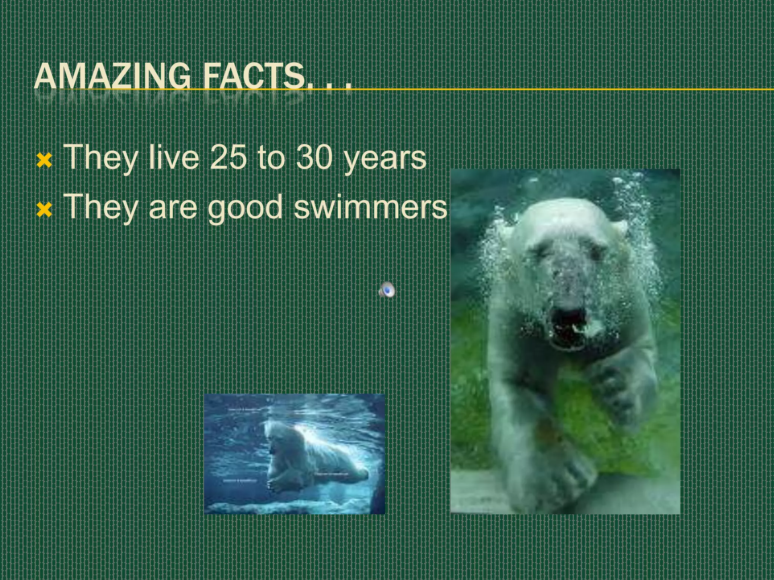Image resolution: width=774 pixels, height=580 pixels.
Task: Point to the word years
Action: [385, 159]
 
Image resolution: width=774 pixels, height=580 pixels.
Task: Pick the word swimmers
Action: [370, 207]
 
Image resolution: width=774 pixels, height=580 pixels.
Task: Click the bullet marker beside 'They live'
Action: [44, 161]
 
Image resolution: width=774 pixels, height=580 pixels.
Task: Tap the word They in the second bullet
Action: [101, 207]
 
